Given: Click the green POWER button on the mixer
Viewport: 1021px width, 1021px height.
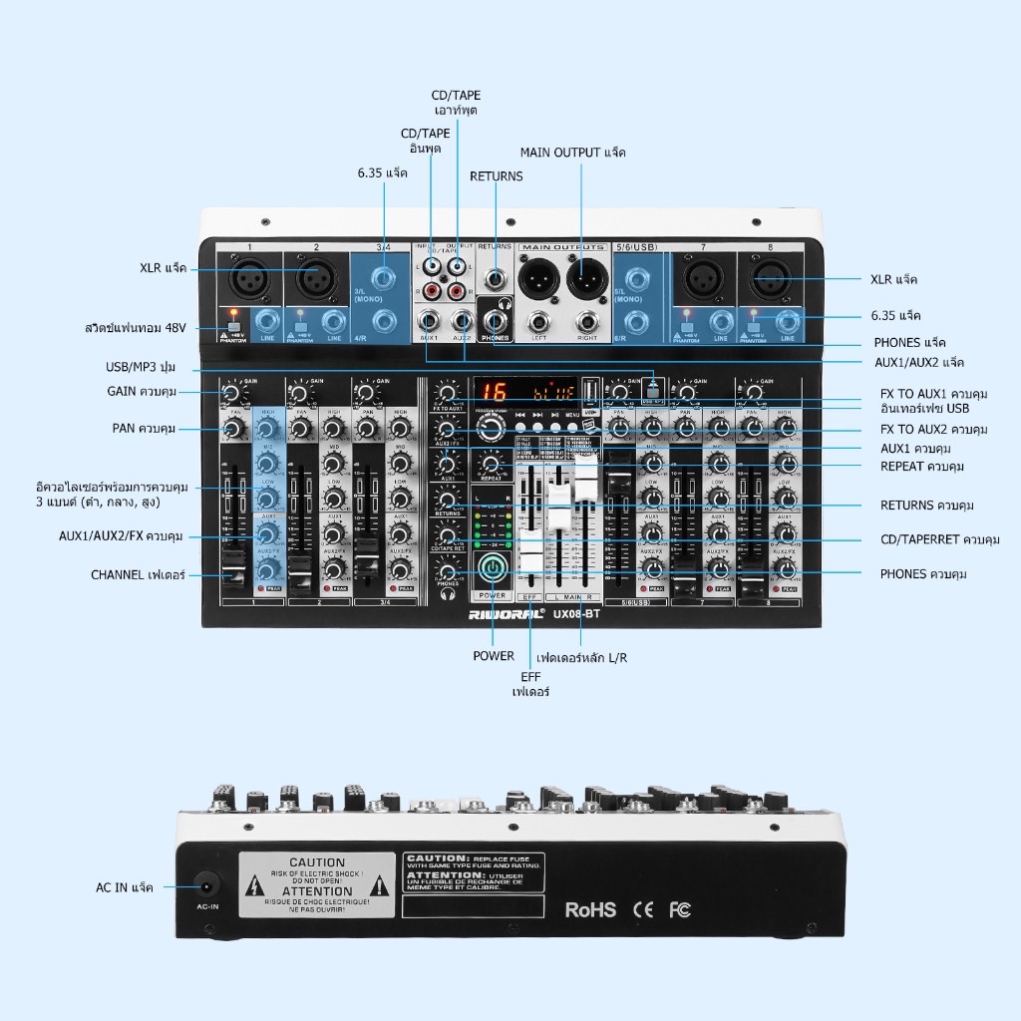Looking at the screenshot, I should pyautogui.click(x=493, y=568).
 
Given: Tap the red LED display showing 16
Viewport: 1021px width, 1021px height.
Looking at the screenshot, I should pyautogui.click(x=493, y=393).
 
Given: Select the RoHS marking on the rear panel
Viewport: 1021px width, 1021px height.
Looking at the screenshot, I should pyautogui.click(x=590, y=909).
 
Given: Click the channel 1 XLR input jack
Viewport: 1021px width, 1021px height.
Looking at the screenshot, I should pyautogui.click(x=249, y=277).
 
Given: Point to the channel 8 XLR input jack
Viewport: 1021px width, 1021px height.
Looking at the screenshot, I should pyautogui.click(x=772, y=278).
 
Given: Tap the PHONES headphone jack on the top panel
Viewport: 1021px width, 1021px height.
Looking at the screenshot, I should pyautogui.click(x=495, y=321).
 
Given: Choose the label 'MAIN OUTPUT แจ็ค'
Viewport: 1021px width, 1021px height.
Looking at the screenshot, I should pyautogui.click(x=573, y=153).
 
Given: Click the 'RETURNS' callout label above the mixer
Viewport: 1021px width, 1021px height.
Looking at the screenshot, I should pyautogui.click(x=496, y=176).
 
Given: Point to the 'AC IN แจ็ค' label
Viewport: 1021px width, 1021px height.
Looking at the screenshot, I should pyautogui.click(x=125, y=887).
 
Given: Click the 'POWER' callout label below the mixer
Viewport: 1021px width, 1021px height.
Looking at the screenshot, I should pyautogui.click(x=494, y=656).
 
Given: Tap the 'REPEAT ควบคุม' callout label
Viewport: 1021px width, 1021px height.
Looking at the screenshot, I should pyautogui.click(x=922, y=467).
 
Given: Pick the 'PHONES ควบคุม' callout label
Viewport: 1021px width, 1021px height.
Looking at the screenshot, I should pyautogui.click(x=923, y=574).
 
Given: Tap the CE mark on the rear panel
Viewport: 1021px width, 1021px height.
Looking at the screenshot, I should pyautogui.click(x=643, y=909).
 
